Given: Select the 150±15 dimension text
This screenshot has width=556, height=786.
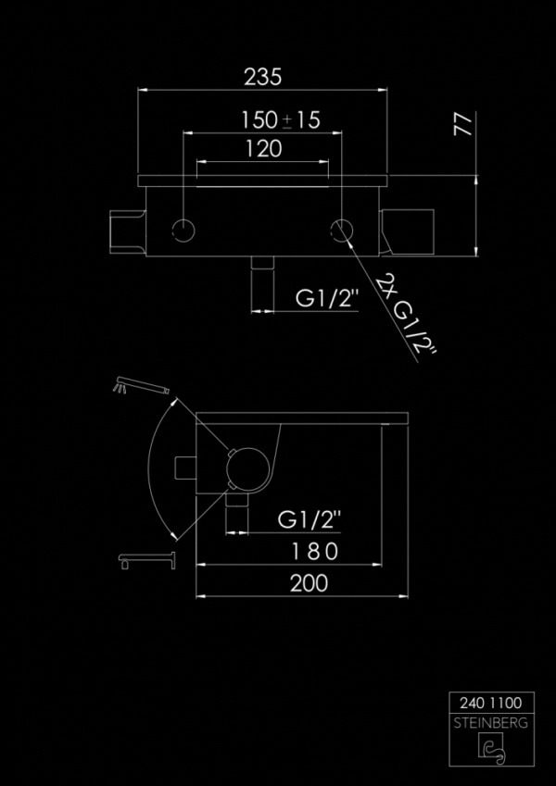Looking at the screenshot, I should coord(279,119).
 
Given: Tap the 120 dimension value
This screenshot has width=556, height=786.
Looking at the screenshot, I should coord(263,149).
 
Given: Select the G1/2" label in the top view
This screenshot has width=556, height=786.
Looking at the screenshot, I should coord(326,299).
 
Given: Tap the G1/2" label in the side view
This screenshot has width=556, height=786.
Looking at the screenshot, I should coord(310,521).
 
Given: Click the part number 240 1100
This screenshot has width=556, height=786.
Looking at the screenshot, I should coord(488,703).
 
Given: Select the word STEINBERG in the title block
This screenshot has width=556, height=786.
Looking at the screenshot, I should coord(488,723).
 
